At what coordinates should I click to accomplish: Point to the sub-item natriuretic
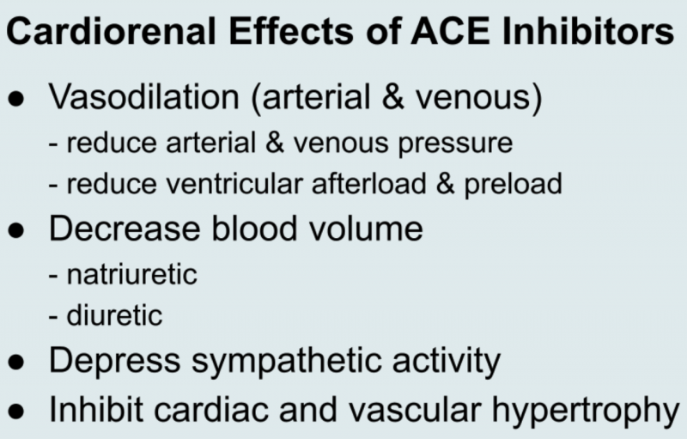click(131, 274)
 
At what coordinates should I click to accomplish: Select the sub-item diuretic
click(114, 315)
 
